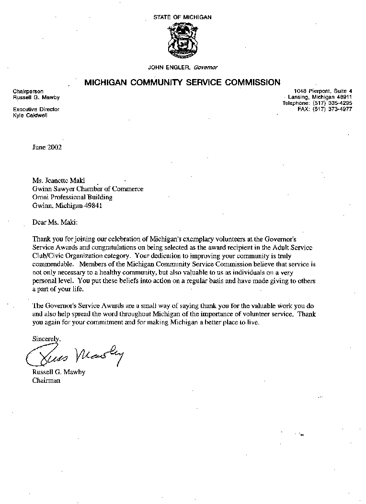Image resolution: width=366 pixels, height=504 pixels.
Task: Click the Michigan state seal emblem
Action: point(182,41)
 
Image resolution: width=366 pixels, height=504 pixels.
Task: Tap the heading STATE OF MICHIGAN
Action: point(183,17)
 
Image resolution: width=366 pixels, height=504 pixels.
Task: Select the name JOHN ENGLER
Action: point(171,68)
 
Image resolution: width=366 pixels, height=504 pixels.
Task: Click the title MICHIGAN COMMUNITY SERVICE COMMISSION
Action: point(183,82)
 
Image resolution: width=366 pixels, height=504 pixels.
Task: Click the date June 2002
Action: point(47,147)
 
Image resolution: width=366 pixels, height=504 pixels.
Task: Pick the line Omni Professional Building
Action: point(72,197)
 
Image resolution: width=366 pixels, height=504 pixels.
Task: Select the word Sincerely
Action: point(46,338)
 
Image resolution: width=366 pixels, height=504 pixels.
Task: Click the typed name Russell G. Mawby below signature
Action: point(58,372)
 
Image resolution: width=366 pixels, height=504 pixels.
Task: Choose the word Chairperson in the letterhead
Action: point(28,92)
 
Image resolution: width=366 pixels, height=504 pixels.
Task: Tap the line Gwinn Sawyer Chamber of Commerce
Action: point(88,189)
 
